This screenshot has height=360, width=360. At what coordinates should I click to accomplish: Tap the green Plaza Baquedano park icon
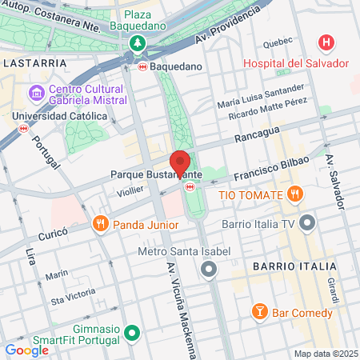[x=139, y=42]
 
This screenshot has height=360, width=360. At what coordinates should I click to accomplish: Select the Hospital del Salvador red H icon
[x=326, y=42]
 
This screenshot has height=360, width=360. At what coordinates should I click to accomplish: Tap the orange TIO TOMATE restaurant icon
[x=295, y=194]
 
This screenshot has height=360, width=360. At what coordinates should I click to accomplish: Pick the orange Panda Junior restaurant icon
[x=100, y=223]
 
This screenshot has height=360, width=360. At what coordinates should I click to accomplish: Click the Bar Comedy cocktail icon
[x=259, y=312]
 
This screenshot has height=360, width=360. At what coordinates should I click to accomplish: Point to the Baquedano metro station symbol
[x=142, y=66]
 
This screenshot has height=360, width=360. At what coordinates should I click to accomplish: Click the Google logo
[x=26, y=350]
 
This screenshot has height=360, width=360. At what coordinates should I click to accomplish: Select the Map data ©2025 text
[x=325, y=354]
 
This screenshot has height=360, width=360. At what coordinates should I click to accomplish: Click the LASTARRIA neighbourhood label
[x=29, y=62]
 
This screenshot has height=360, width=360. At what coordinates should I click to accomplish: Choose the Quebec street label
[x=278, y=42]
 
